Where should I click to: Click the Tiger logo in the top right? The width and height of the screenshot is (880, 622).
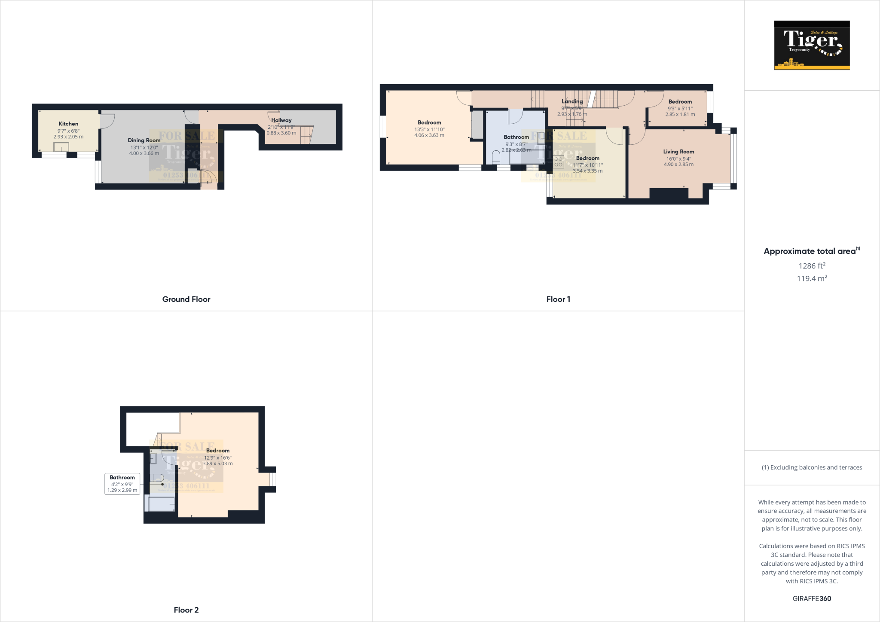[x=812, y=45]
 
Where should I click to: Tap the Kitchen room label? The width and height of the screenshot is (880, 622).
[x=68, y=124]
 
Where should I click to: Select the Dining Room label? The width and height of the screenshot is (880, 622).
[x=144, y=140]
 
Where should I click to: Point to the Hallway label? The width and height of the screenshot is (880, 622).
[x=281, y=120]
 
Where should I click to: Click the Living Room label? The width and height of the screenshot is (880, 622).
[x=678, y=152]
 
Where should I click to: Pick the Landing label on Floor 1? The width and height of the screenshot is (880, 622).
[x=572, y=102]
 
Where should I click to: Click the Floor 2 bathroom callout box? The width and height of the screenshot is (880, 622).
[x=122, y=484]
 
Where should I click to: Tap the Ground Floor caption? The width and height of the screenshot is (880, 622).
[x=186, y=299]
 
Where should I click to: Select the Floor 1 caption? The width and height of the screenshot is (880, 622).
[x=558, y=299]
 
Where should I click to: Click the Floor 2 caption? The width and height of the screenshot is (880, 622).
[x=186, y=610]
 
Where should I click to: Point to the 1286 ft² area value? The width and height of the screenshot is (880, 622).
[x=812, y=266]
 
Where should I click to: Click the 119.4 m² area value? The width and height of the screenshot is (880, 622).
[x=812, y=278]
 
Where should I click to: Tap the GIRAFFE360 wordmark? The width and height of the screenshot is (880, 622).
[x=812, y=598]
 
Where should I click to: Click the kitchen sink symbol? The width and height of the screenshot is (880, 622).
[x=61, y=147]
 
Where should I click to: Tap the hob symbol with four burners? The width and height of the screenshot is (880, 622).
[x=558, y=162]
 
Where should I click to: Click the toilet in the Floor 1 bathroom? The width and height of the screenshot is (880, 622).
[x=496, y=157]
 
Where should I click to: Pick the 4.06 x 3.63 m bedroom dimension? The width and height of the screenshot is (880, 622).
[x=429, y=135]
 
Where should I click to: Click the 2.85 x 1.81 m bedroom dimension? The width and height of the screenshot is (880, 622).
[x=680, y=114]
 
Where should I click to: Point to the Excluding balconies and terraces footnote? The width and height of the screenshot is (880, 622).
[x=812, y=467]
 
